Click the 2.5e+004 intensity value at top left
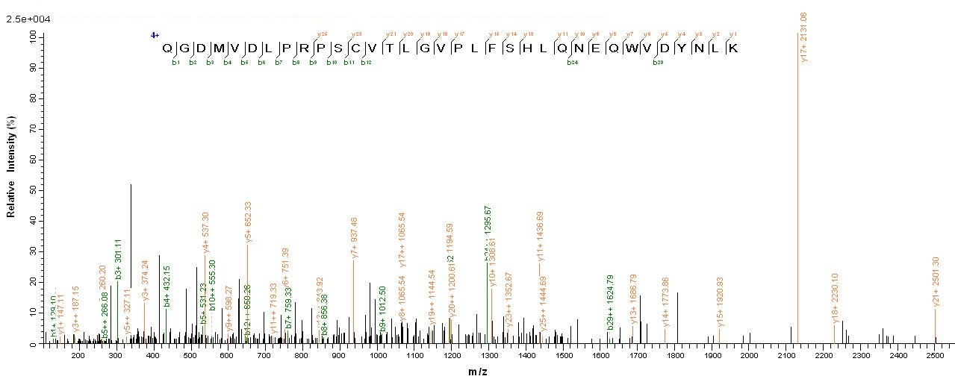[22, 19]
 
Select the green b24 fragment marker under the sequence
[572, 63]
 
